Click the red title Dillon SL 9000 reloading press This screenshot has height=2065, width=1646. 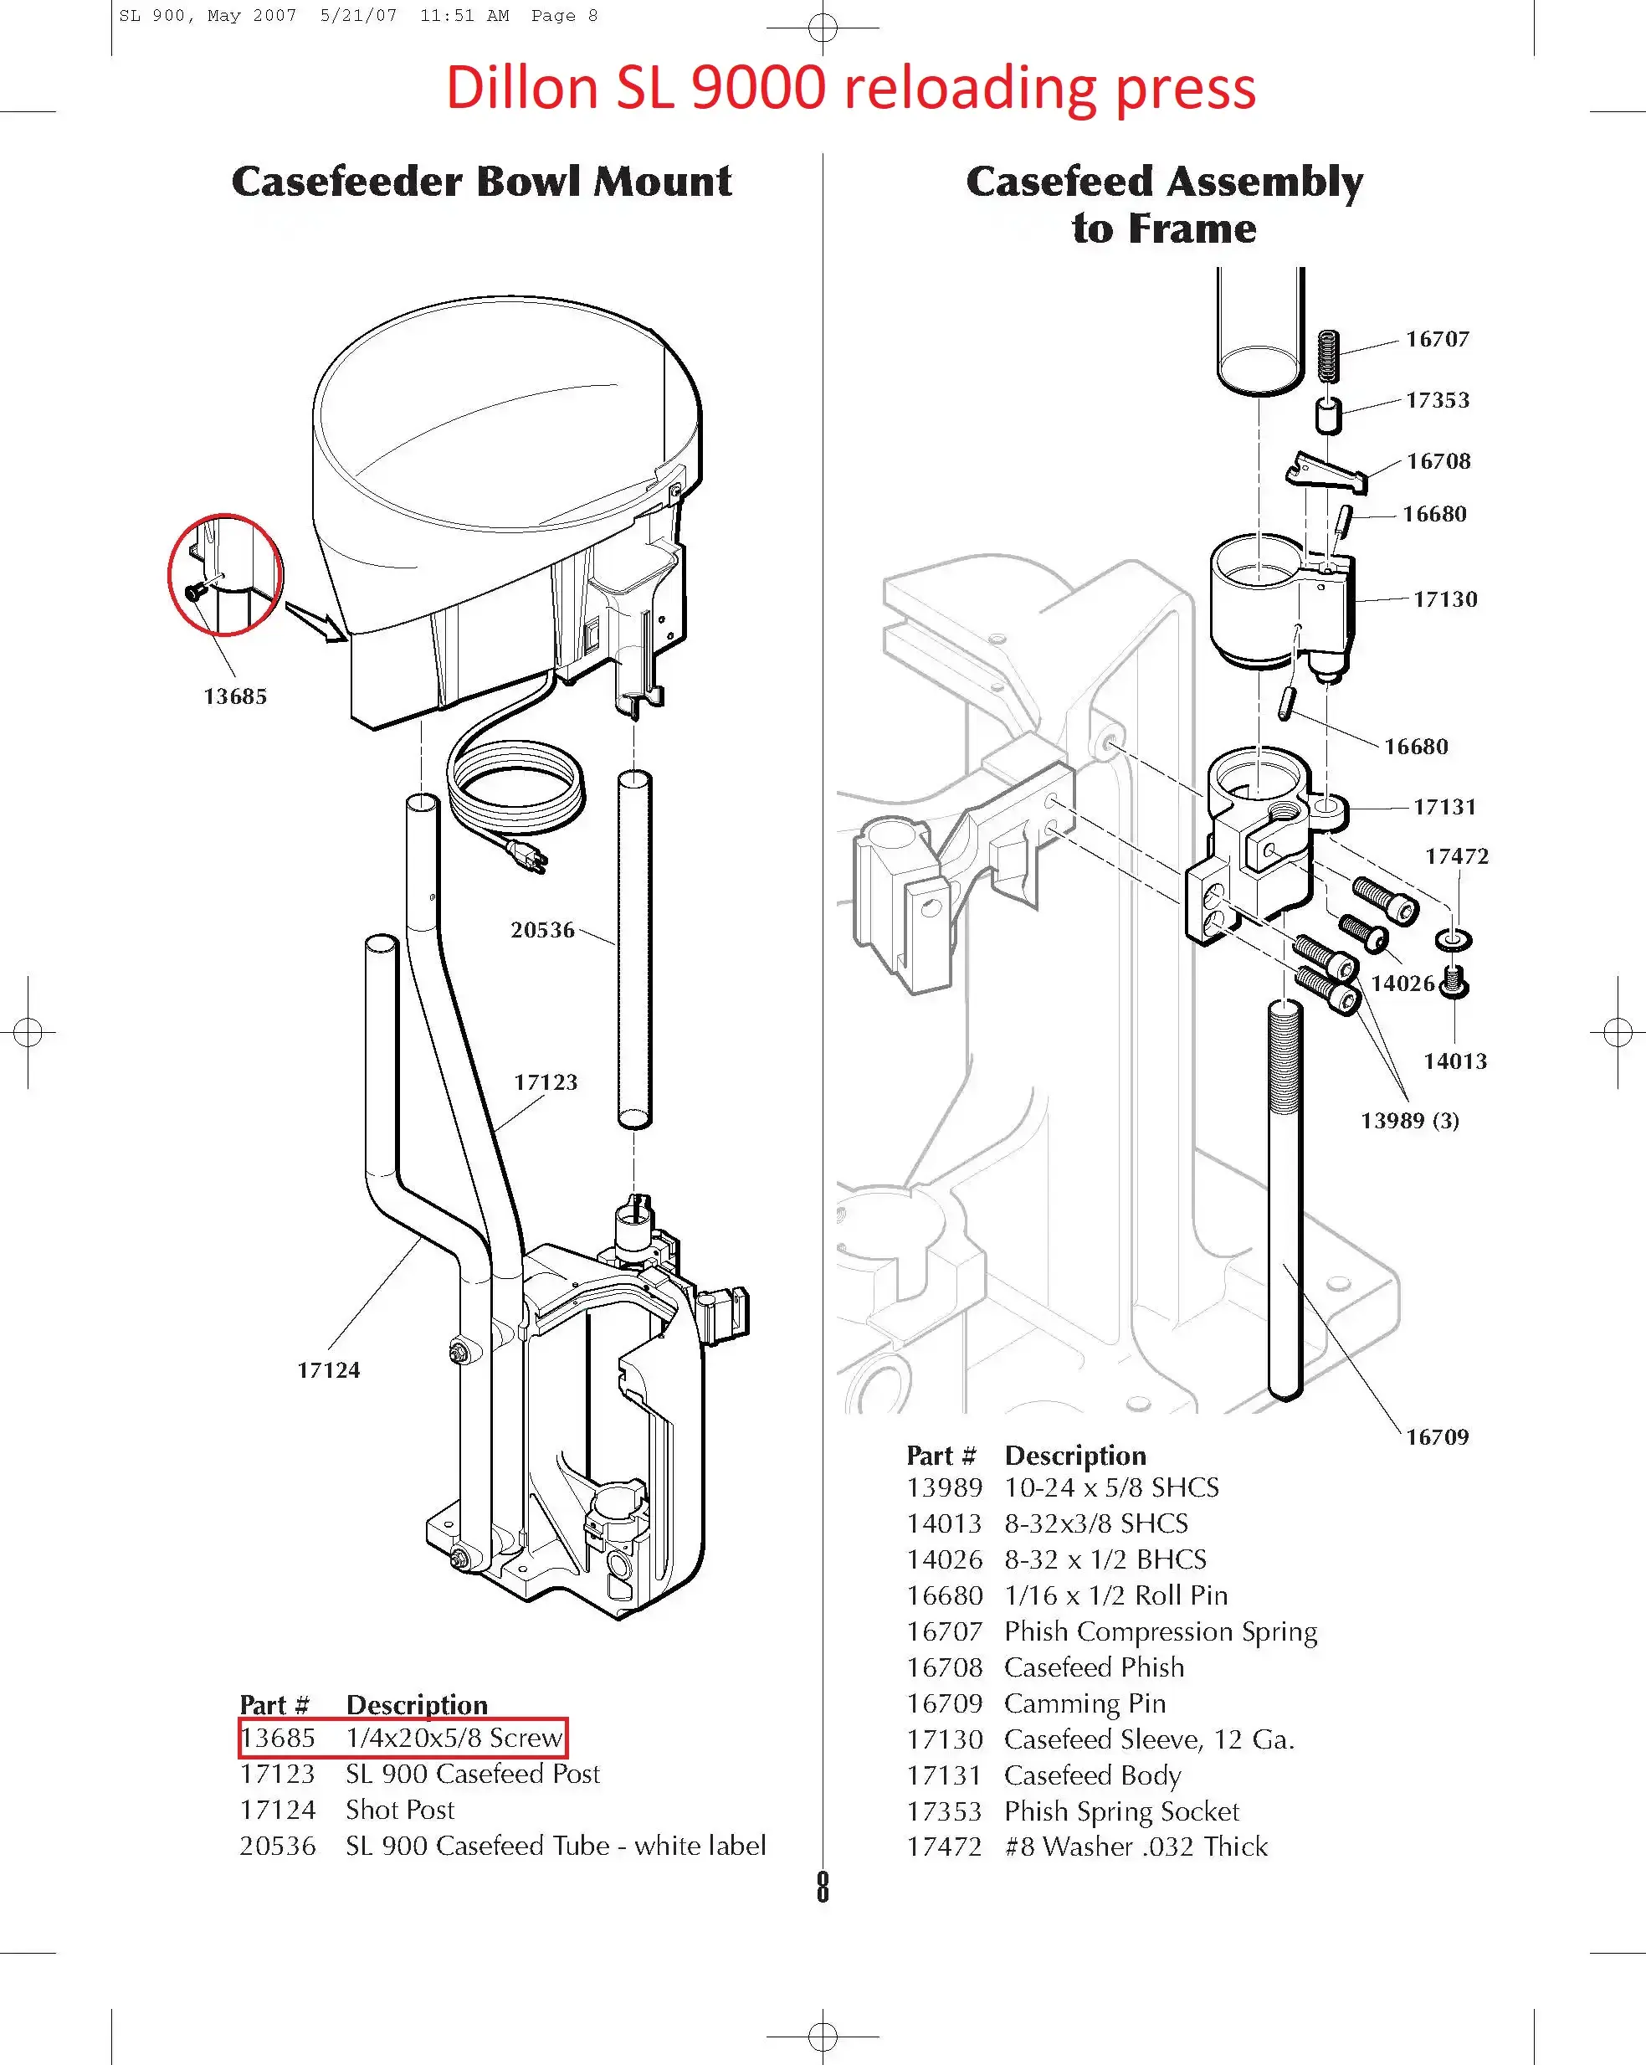point(850,88)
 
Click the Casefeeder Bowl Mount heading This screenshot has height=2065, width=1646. point(482,181)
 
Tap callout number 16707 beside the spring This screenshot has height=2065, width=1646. point(1438,339)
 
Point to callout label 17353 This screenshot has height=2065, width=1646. point(1438,400)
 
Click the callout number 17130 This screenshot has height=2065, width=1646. point(1445,599)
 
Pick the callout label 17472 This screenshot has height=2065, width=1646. point(1456,856)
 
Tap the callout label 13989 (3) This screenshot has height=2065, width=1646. point(1409,1121)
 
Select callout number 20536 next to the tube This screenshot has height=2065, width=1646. point(543,930)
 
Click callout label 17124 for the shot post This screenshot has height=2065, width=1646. point(328,1369)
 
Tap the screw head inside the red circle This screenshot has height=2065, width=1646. point(194,592)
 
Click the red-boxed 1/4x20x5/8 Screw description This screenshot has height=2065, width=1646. point(454,1738)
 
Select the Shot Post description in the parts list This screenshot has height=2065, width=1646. point(399,1809)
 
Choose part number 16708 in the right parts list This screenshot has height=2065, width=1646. point(944,1667)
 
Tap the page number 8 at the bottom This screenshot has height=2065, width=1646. point(823,1887)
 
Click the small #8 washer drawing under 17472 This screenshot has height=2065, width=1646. point(1454,940)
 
